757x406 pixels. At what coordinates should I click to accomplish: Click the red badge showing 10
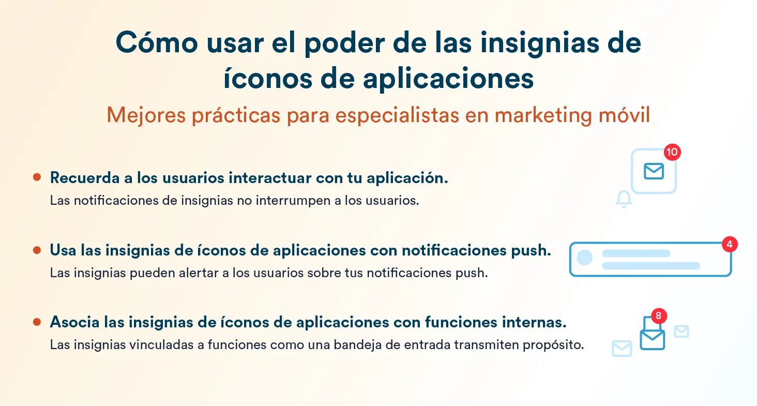[672, 152]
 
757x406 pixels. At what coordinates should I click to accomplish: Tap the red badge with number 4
[730, 244]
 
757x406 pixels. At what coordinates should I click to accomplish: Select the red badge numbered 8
[658, 315]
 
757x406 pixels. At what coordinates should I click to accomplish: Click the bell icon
[624, 199]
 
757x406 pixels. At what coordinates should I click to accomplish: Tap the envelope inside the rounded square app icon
[654, 171]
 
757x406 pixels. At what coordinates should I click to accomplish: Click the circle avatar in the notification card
[584, 258]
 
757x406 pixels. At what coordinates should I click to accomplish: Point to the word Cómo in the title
[157, 42]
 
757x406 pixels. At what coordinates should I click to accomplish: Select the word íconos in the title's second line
[268, 79]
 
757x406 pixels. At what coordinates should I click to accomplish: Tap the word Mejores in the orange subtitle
[146, 115]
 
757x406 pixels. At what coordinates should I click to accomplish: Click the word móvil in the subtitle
[624, 115]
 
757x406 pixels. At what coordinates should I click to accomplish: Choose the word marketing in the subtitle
[543, 115]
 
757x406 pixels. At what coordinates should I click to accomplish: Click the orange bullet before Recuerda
[37, 177]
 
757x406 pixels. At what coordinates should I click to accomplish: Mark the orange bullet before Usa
[37, 250]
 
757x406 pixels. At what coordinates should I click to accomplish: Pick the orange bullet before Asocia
[37, 322]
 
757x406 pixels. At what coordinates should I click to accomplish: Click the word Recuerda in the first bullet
[85, 178]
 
